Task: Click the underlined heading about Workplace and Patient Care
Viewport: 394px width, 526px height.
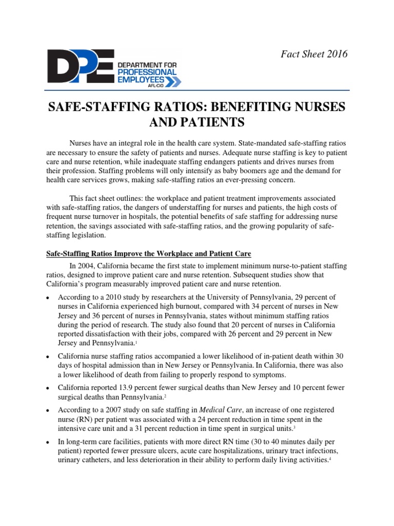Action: pos(149,254)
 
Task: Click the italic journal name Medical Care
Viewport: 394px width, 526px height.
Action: pos(220,410)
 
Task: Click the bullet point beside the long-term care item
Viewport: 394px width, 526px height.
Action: pos(48,442)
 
